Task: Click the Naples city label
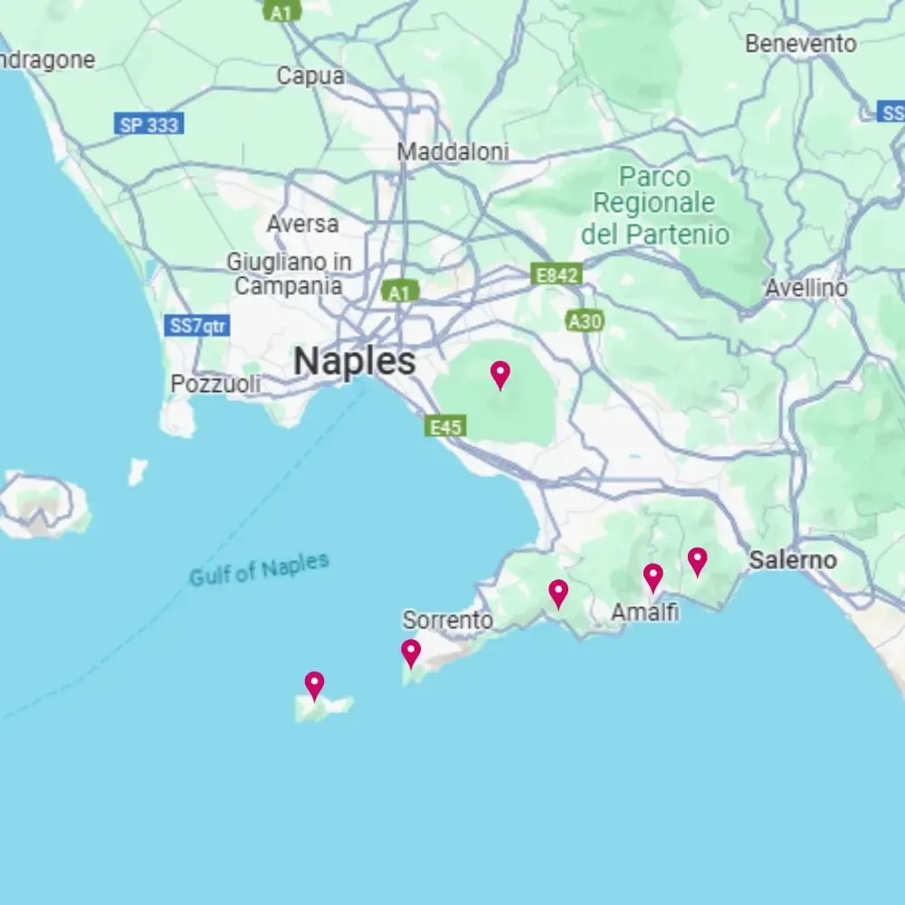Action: point(355,361)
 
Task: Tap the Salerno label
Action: point(793,560)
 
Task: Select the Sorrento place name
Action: point(448,621)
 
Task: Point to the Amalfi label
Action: point(645,613)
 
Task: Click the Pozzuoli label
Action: point(215,384)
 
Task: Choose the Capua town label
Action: point(310,76)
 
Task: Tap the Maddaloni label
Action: point(453,152)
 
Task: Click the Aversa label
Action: point(302,224)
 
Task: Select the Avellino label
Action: point(806,288)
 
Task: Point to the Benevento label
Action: point(800,43)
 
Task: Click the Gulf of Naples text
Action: point(259,569)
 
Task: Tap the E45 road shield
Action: point(446,426)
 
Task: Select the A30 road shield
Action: point(584,320)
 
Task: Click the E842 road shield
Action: point(556,274)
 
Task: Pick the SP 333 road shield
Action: point(149,125)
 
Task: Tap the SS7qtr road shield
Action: point(197,326)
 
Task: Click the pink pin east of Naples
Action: point(500,374)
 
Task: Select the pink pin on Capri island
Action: point(314,684)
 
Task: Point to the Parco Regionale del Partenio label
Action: point(654,205)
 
